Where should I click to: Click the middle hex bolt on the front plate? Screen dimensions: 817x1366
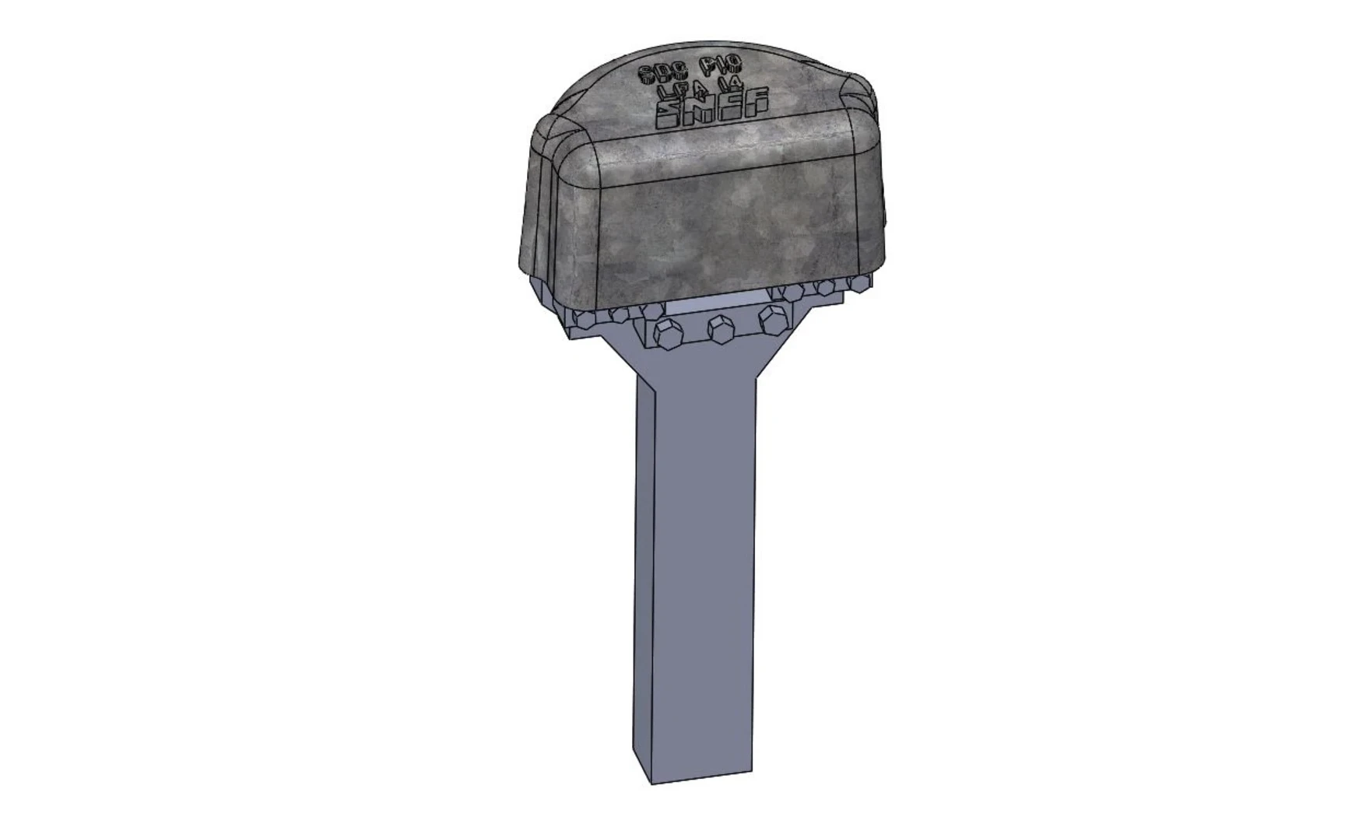tap(721, 328)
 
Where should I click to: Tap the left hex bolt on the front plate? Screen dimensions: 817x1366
tap(667, 335)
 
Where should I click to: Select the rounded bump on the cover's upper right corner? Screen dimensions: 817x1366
tap(860, 89)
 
